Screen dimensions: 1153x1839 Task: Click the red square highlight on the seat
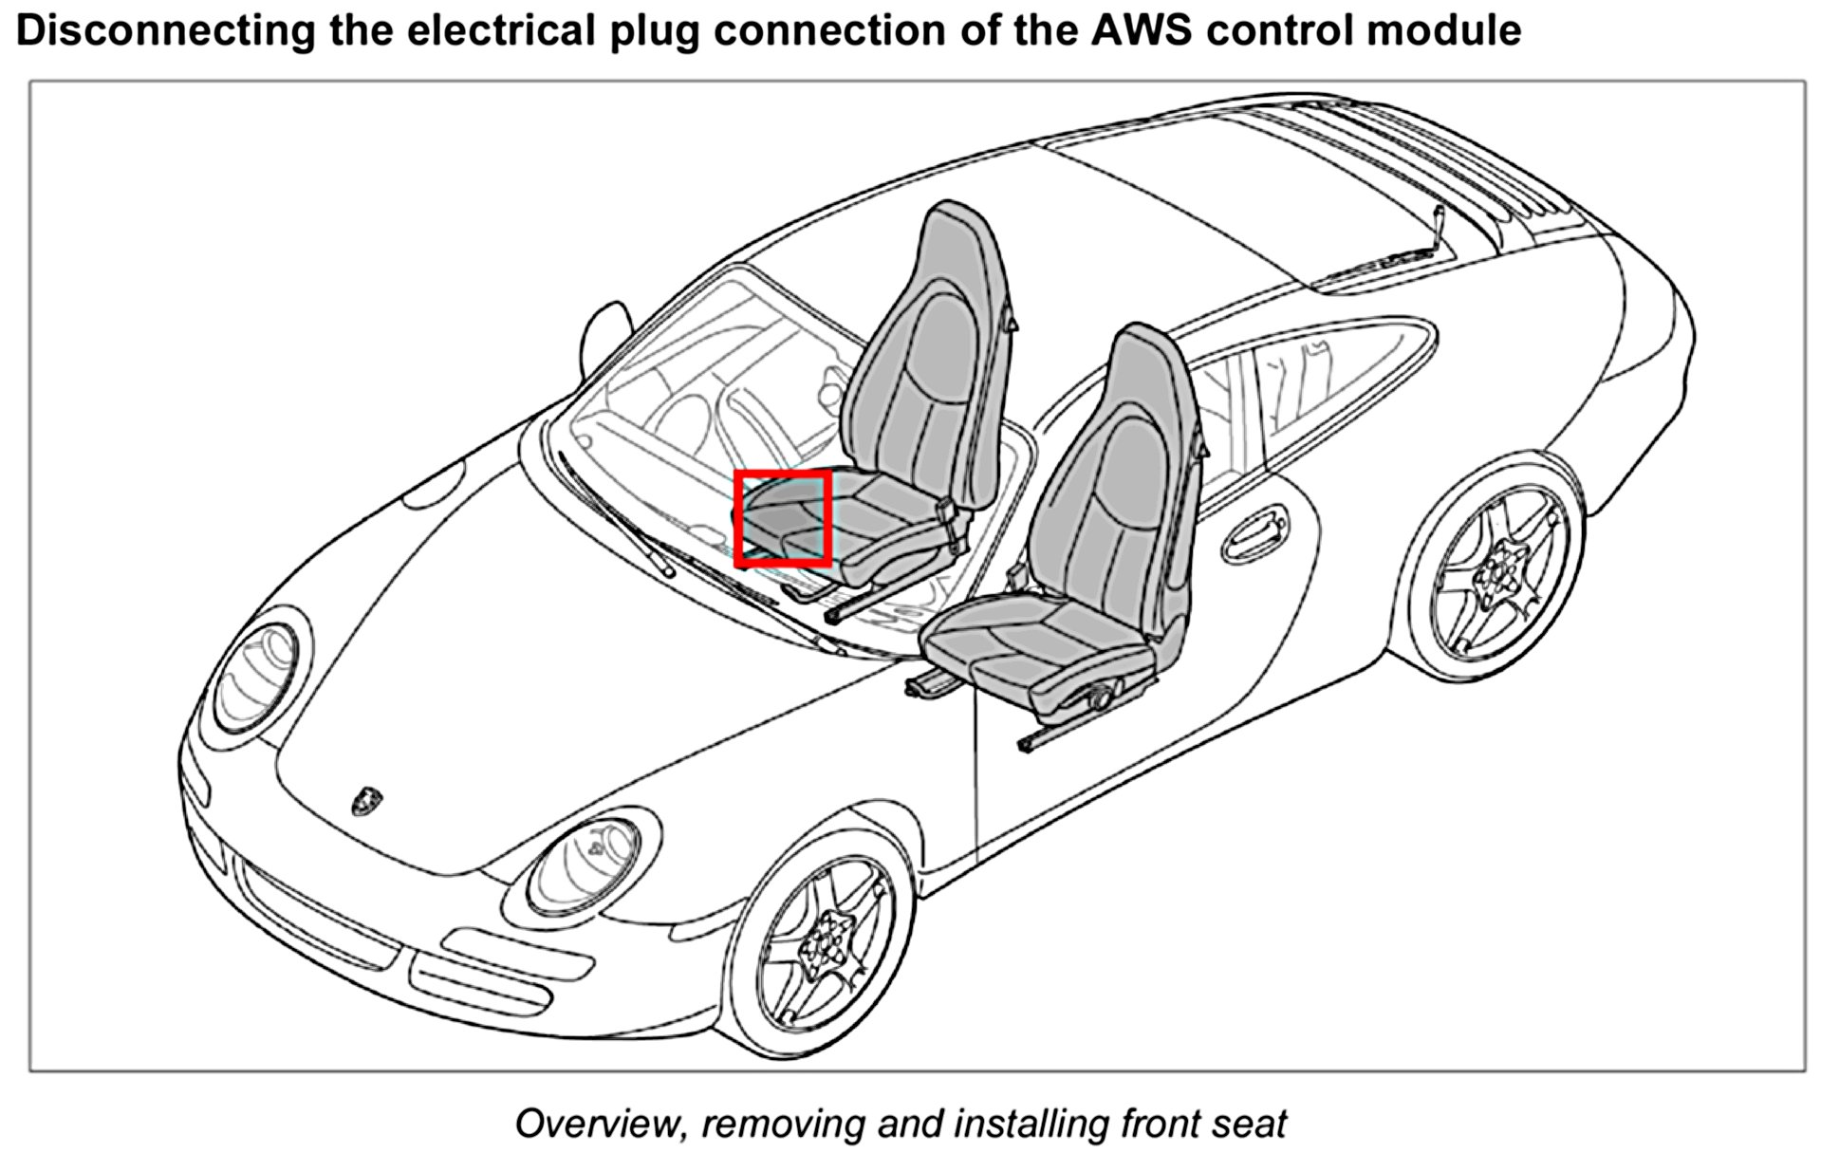(783, 518)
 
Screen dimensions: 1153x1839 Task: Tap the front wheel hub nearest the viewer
(824, 941)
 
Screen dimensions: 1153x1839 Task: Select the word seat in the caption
(1250, 1123)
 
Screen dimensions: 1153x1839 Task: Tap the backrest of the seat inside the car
(925, 361)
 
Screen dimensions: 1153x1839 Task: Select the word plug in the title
(659, 31)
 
